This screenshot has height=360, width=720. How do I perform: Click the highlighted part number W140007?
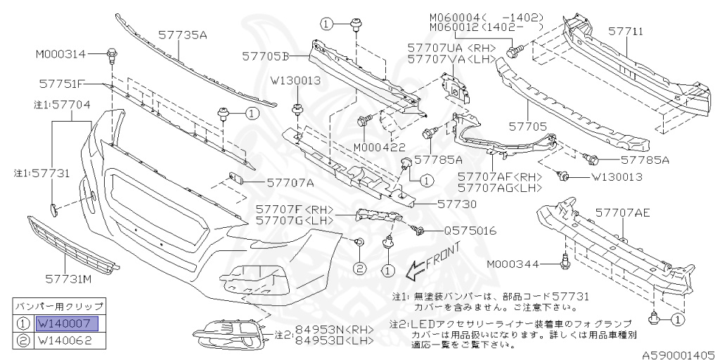pos(69,324)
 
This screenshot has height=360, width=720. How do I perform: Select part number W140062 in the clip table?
pos(69,342)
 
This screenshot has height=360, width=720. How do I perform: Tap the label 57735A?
pos(182,33)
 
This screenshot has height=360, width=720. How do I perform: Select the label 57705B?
pos(266,54)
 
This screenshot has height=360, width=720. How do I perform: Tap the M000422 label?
pos(384,148)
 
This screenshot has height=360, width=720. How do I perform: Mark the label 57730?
pos(457,204)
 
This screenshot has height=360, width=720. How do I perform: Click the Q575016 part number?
pos(470,231)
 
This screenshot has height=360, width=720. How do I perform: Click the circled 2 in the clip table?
pos(22,342)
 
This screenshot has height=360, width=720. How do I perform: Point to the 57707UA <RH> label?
pos(451,48)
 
